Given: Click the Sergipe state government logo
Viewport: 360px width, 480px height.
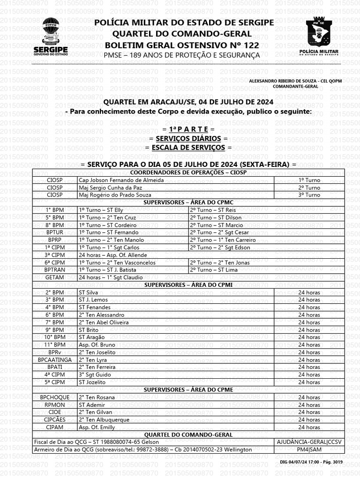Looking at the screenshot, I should (50, 37).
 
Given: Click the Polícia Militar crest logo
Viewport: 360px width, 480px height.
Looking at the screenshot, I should (321, 37).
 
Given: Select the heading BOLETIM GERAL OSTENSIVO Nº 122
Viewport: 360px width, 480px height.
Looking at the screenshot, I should (181, 45).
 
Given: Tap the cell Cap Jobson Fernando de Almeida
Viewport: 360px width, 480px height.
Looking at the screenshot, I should (121, 180).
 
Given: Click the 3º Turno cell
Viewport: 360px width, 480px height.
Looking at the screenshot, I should (309, 195).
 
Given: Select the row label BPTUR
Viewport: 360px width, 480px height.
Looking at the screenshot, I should (55, 232).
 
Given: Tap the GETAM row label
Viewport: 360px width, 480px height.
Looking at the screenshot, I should (55, 277).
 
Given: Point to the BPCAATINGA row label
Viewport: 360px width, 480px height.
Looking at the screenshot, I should (55, 360).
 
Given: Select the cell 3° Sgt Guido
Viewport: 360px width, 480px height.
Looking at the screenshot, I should (95, 375).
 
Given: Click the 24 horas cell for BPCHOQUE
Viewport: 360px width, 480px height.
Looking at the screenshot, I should (309, 397).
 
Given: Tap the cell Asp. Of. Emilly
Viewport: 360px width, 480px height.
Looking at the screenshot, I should (97, 427).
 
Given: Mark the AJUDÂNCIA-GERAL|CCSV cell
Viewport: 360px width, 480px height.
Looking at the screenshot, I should (309, 442).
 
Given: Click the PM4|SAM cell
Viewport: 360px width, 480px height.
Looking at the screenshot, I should (309, 450).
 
